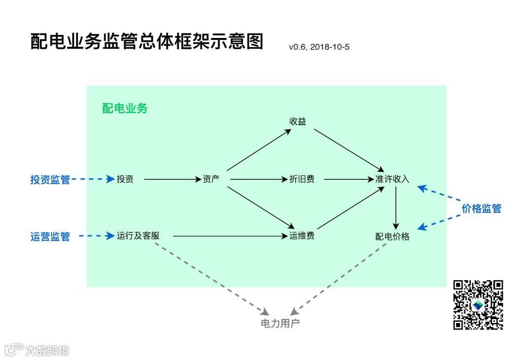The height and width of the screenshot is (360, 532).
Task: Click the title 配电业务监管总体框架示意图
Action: click(x=147, y=42)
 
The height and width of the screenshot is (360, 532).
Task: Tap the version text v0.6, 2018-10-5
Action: click(x=319, y=47)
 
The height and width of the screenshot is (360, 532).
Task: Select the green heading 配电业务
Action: click(x=125, y=109)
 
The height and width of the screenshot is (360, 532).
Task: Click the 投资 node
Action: click(x=125, y=179)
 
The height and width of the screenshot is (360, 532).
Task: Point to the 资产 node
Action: click(x=211, y=179)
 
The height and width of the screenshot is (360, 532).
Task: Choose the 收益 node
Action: click(x=298, y=121)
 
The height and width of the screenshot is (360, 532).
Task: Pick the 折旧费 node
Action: click(x=301, y=179)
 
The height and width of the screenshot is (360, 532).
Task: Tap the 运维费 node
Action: click(x=301, y=236)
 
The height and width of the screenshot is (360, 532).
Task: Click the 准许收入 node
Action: click(x=392, y=179)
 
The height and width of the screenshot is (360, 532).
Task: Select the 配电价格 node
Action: click(x=392, y=236)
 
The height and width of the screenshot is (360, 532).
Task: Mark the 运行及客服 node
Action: click(x=138, y=236)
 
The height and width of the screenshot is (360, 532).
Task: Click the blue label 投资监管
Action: click(x=50, y=180)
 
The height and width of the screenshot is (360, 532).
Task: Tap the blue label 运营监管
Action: click(x=50, y=237)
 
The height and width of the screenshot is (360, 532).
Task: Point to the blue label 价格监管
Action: click(x=481, y=208)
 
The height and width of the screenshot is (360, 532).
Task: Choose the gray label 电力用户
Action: click(x=280, y=324)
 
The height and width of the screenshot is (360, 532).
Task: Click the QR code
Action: click(x=478, y=305)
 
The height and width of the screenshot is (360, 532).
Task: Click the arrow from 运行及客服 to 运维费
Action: click(x=229, y=236)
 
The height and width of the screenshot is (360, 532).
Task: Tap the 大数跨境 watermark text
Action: click(x=47, y=350)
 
